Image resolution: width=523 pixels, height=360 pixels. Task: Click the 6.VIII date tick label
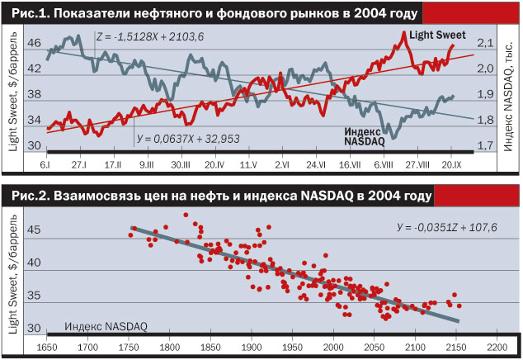(382, 164)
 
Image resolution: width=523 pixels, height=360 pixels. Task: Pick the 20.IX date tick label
(452, 164)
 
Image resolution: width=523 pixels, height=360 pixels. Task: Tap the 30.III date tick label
(181, 164)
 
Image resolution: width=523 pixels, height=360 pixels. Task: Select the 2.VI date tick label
(280, 164)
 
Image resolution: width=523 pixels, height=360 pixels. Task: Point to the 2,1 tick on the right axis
(485, 43)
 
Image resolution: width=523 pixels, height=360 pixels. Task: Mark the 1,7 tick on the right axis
(485, 146)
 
